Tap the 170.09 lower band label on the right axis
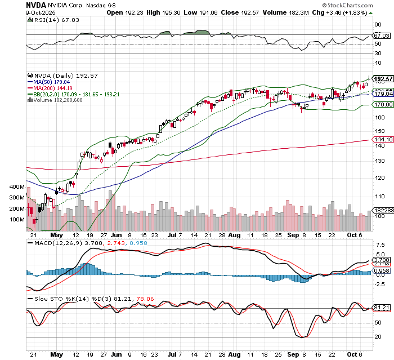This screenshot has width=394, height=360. [383, 105]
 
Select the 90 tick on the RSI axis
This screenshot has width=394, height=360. [379, 25]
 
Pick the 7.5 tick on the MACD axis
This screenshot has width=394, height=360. [379, 246]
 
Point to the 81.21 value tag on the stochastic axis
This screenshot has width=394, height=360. [383, 308]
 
